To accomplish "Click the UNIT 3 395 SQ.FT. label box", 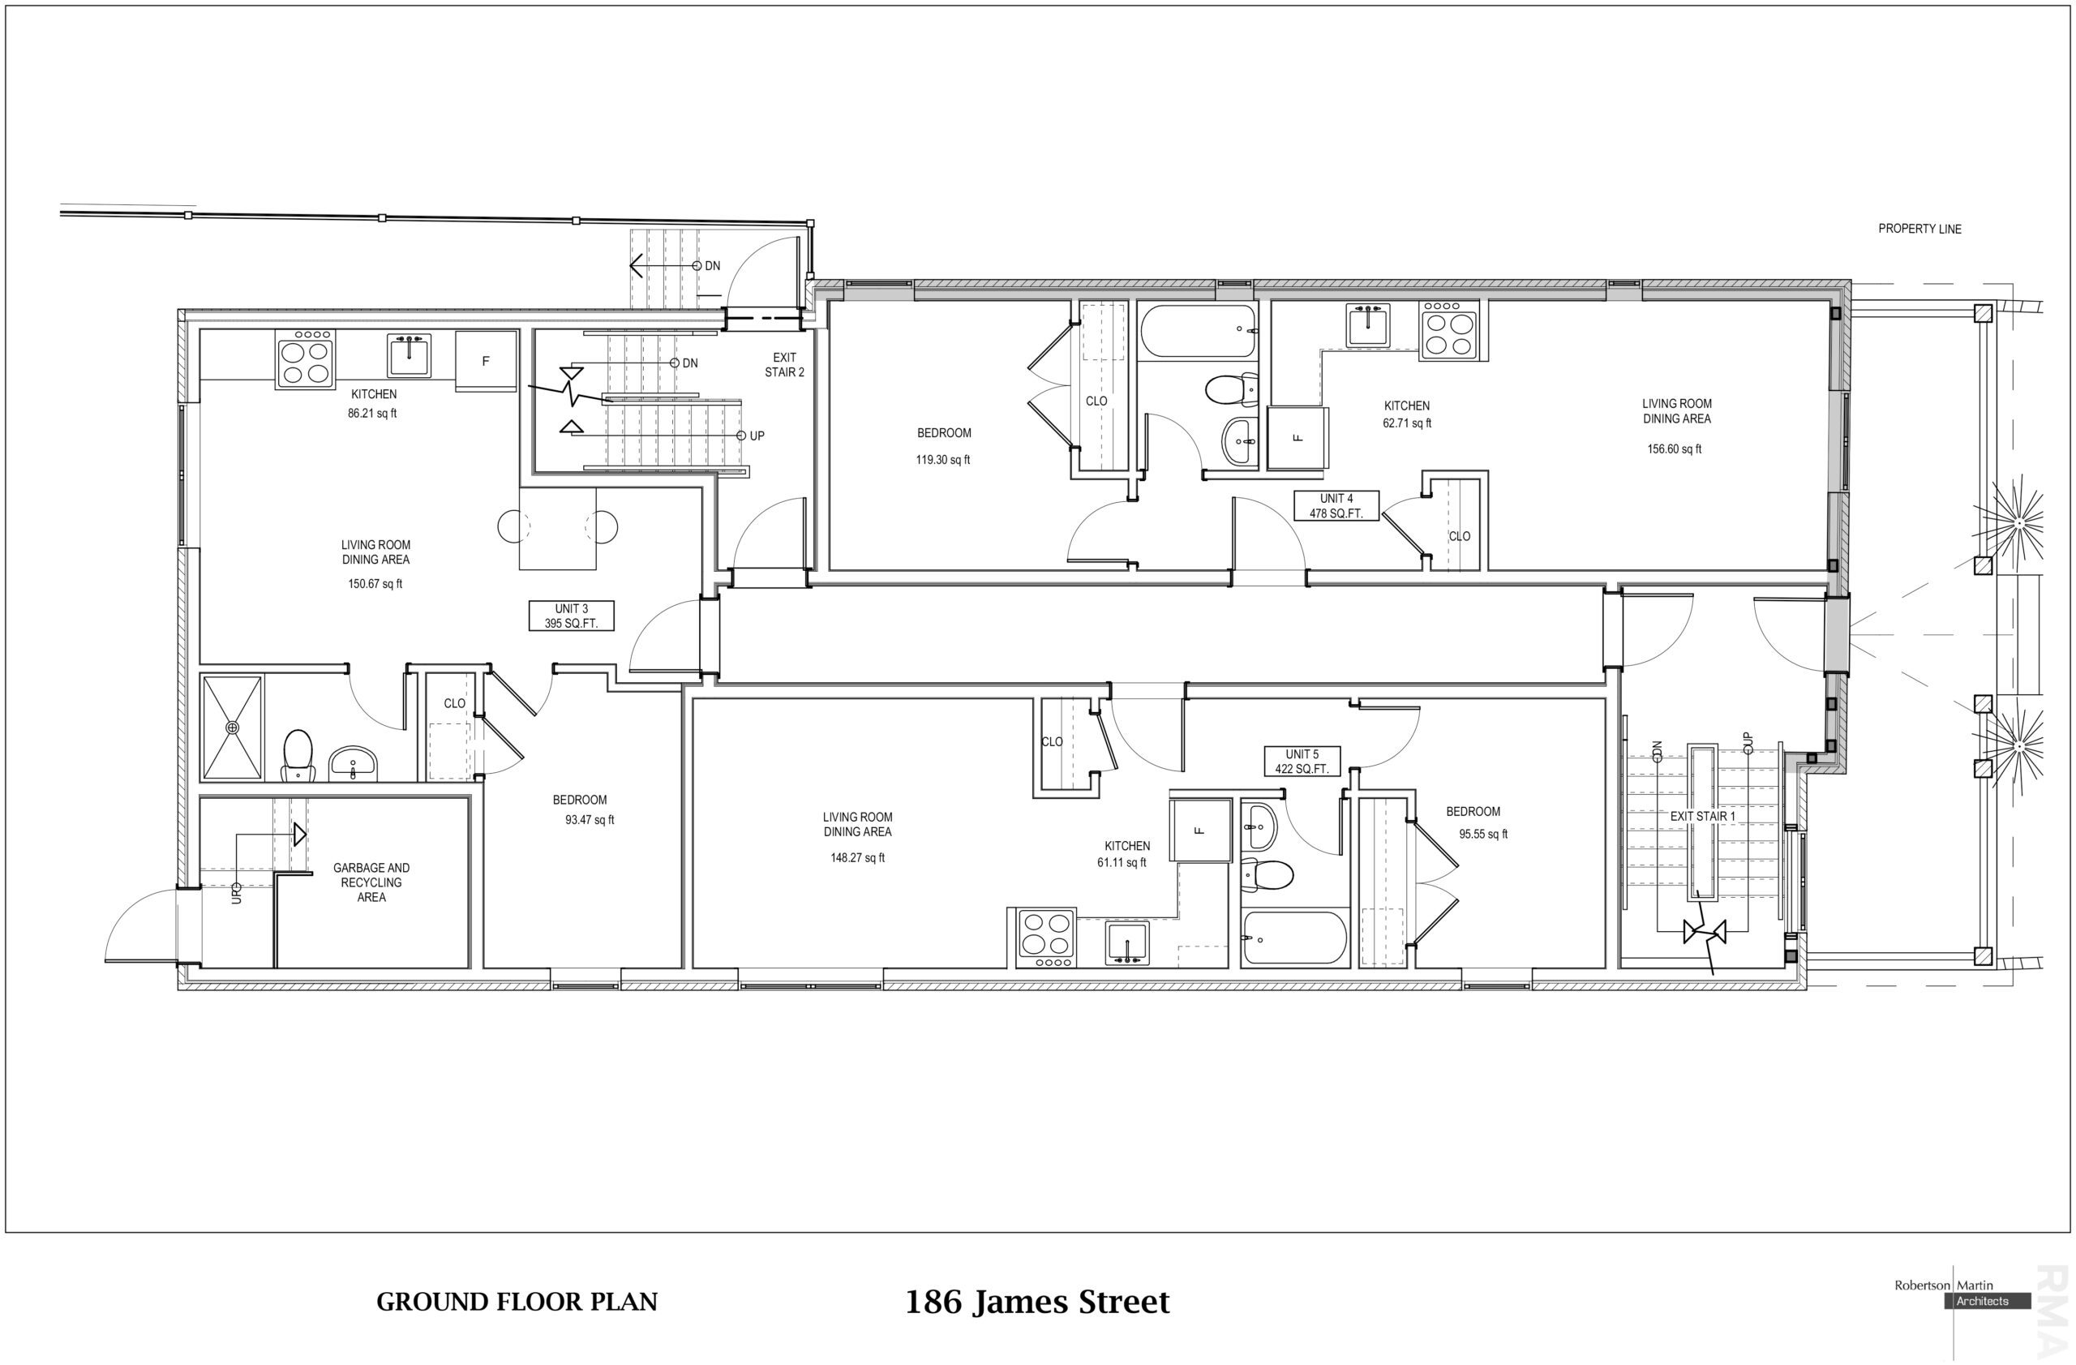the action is click(572, 616).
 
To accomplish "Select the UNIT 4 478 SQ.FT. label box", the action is click(1336, 506).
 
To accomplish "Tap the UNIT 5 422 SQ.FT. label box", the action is click(1302, 762).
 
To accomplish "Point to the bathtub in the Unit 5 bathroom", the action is click(1293, 938).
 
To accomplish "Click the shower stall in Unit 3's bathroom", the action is click(232, 728).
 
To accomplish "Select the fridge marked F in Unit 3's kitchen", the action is click(486, 360).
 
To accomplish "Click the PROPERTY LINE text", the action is click(1919, 229).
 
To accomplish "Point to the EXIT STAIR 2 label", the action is click(784, 365).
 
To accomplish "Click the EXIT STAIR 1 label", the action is click(1702, 817).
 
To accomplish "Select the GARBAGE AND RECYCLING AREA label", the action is click(371, 882).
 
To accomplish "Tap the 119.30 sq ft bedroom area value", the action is click(943, 460).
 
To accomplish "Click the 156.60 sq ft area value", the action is click(1674, 449).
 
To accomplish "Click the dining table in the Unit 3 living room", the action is click(558, 528).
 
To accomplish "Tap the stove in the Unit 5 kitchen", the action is click(1047, 938).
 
